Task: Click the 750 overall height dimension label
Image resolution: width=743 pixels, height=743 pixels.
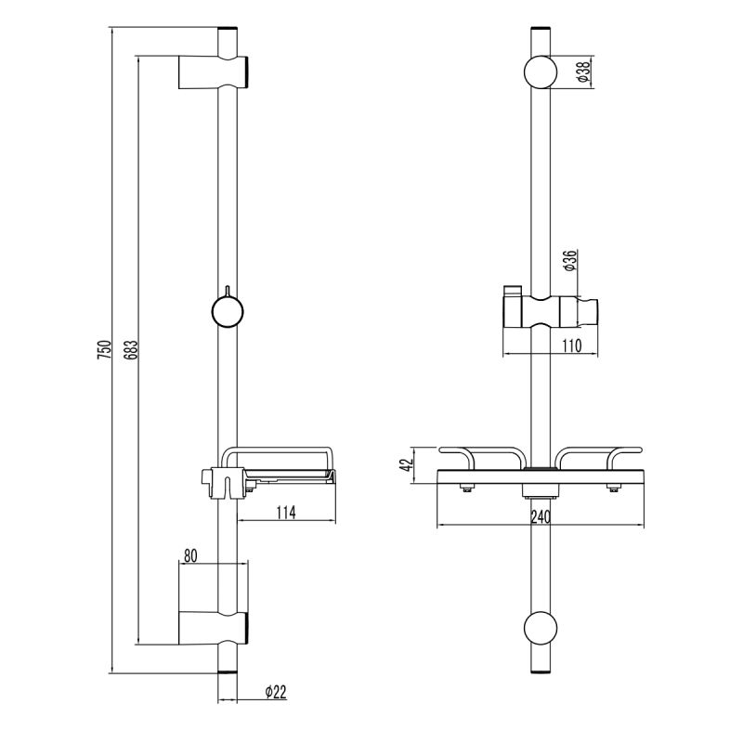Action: coord(105,350)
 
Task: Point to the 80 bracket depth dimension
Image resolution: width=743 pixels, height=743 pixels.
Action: coord(190,556)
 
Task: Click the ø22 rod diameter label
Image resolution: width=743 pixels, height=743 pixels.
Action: coord(274,691)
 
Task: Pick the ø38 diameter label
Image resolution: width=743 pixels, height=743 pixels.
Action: coord(580,73)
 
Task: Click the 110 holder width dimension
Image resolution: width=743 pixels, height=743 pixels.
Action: coord(570,345)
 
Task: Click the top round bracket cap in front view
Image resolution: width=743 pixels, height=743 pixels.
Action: coord(541,72)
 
